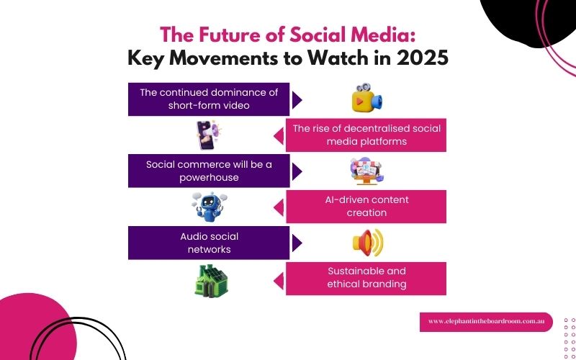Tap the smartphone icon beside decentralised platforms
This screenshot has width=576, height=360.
[207, 135]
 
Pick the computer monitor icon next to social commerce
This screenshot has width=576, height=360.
[366, 171]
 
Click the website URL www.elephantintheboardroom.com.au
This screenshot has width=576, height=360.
[486, 321]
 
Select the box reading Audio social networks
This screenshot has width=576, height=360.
[209, 243]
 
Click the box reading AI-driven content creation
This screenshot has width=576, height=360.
[366, 207]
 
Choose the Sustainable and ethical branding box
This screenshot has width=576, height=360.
[366, 279]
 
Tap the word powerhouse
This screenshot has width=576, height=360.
[209, 178]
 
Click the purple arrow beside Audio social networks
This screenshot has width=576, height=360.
[296, 243]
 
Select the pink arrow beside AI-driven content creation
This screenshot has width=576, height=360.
[279, 207]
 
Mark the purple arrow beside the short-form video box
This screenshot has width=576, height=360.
[296, 99]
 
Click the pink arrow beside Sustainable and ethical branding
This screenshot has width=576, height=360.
[279, 279]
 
